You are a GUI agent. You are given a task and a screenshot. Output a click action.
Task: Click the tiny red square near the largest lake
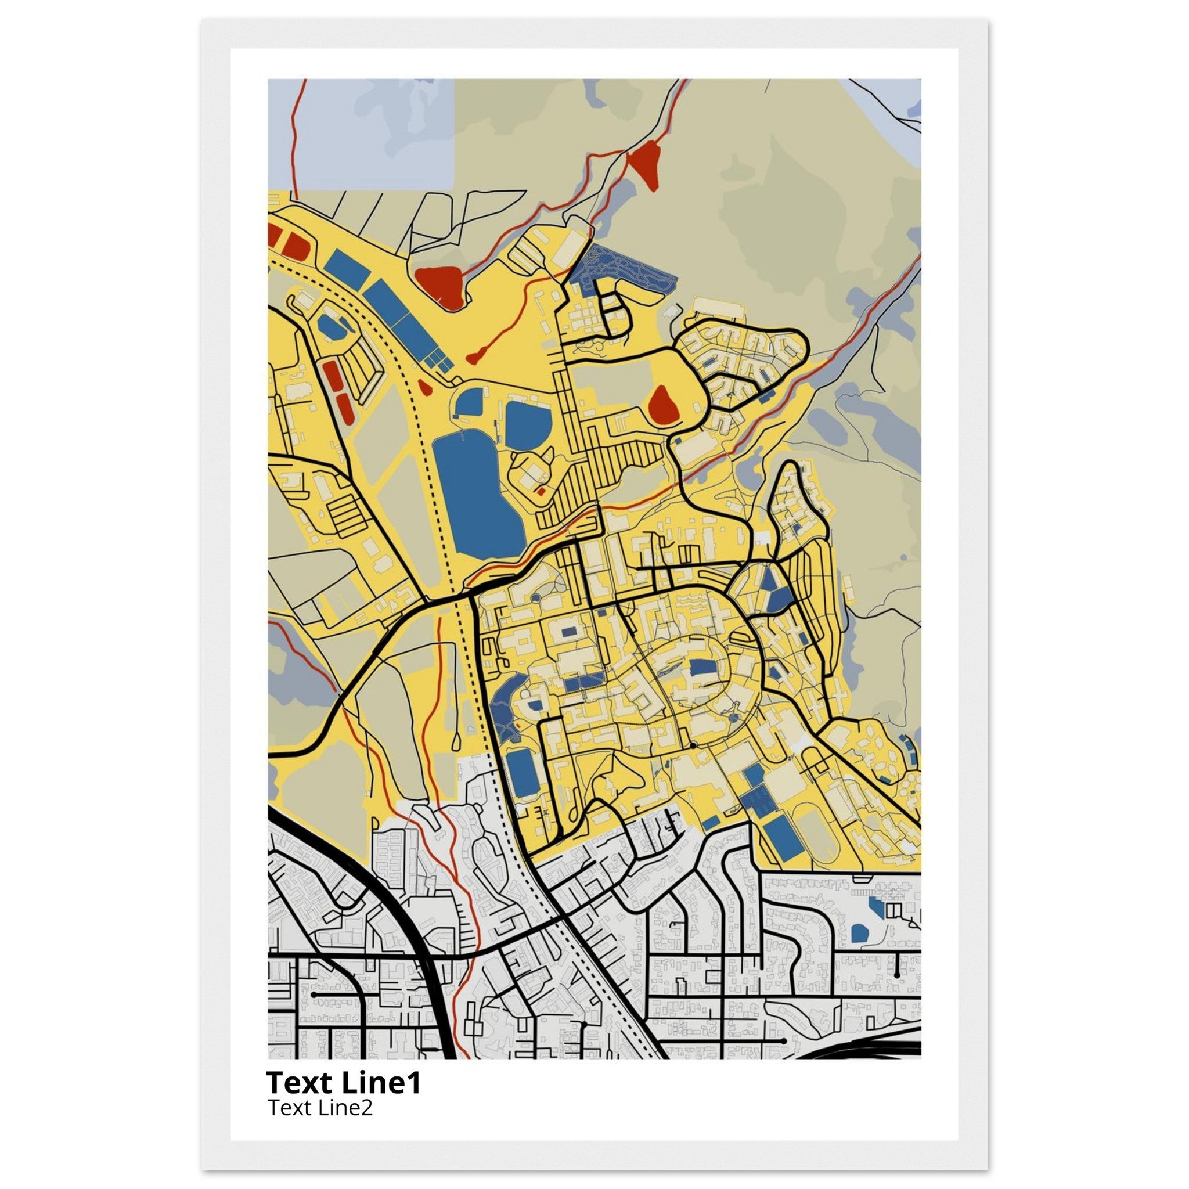541,491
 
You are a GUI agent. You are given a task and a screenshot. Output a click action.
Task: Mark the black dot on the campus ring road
693,745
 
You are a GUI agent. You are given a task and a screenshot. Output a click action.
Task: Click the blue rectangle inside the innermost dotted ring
700,668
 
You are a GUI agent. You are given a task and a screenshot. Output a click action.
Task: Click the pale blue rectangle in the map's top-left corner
361,132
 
